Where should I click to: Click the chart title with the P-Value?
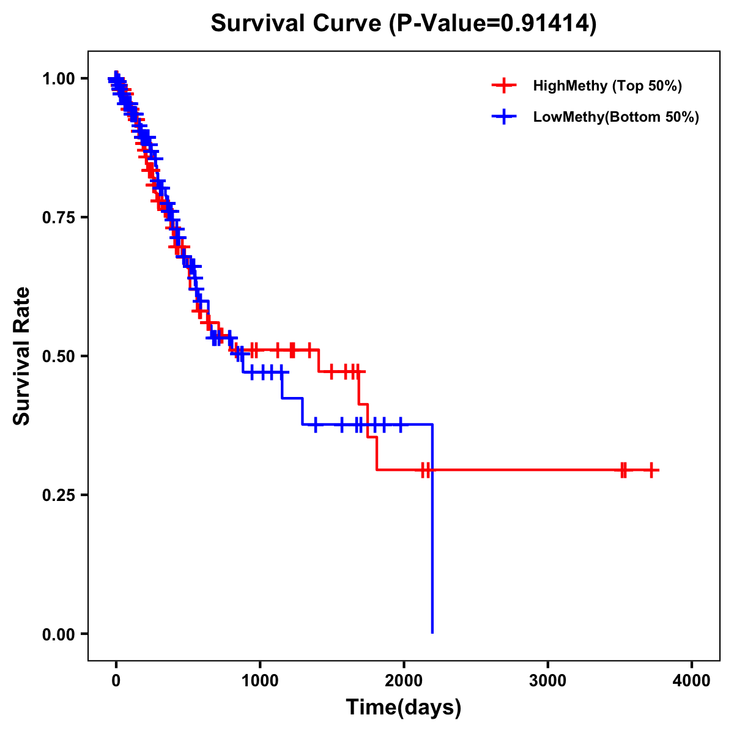403,23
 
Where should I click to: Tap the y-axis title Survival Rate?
22,355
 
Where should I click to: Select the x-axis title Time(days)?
403,707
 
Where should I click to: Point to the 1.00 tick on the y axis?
59,79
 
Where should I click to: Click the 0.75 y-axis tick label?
59,218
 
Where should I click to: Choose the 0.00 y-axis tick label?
59,634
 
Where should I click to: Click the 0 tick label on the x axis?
116,681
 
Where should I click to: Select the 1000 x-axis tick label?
260,681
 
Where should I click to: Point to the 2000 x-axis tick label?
404,681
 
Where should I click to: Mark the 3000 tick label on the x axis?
547,681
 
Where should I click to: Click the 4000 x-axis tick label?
692,681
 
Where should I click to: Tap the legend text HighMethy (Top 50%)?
607,86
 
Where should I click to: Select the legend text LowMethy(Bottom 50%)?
616,117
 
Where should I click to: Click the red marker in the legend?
504,86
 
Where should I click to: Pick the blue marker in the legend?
504,116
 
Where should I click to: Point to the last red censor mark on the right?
651,470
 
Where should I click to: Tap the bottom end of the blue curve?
432,632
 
